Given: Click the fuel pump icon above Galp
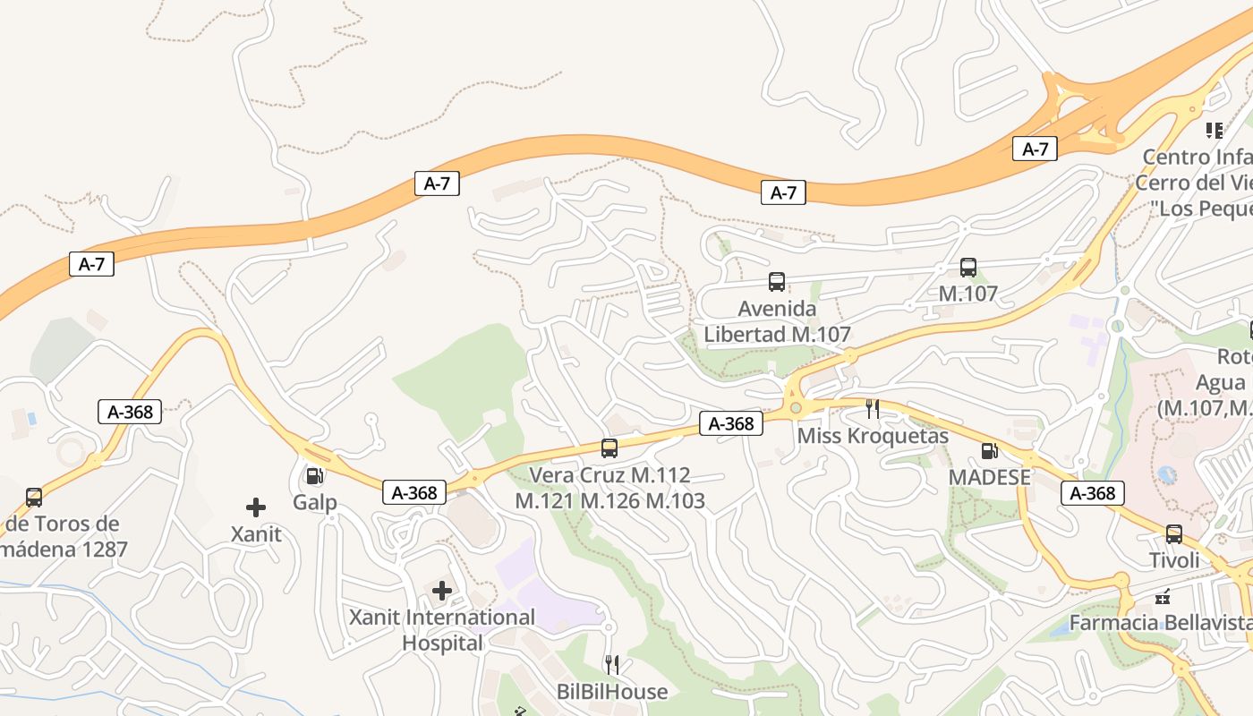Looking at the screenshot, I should click(314, 476).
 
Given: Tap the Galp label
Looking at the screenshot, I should click(315, 502).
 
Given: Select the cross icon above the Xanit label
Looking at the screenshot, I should click(256, 507).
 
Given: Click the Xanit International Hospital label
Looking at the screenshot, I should click(442, 630).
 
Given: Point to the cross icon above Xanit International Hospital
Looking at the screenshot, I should click(442, 590).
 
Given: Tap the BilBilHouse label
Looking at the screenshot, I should click(612, 691).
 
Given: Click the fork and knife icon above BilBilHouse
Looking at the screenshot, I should click(612, 664).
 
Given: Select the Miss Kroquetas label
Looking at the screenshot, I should click(873, 436).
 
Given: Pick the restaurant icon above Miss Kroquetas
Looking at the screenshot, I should click(873, 409).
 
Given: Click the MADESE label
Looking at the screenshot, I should click(990, 477).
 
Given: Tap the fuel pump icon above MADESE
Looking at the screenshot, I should click(989, 451).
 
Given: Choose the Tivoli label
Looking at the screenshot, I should click(1174, 560).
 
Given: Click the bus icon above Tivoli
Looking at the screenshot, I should click(1174, 534).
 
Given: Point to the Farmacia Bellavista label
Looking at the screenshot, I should click(1160, 622).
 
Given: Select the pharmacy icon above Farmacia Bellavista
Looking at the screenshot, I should click(1163, 596).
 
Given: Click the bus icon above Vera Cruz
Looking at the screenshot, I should click(609, 448).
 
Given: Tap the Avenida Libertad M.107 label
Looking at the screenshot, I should click(777, 321).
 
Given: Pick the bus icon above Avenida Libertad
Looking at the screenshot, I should click(777, 282).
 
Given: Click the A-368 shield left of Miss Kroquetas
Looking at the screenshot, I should click(731, 423).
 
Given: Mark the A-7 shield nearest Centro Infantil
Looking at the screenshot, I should click(1035, 149).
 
